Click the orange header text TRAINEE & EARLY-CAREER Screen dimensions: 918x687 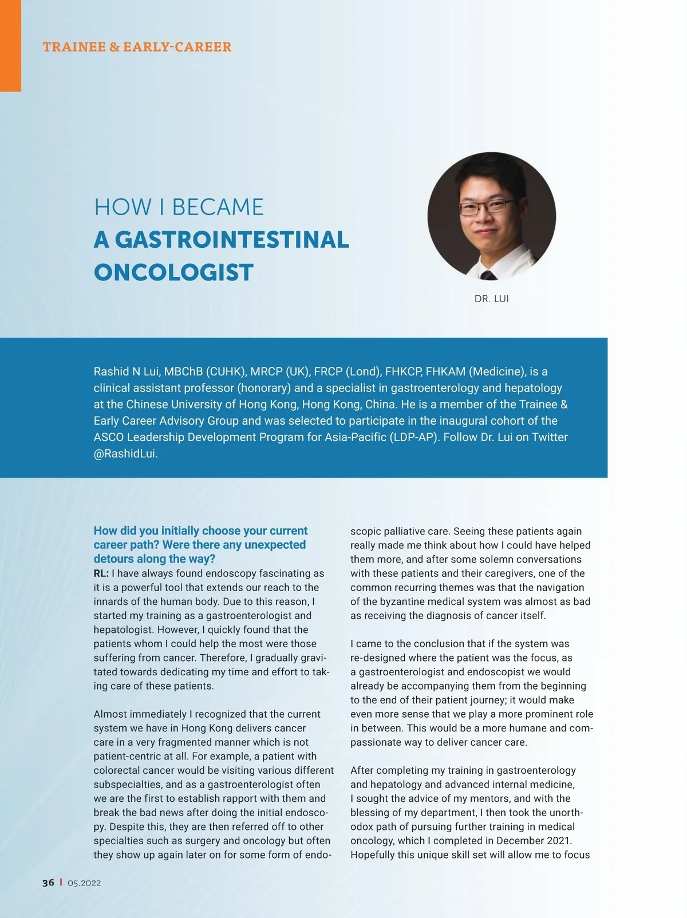tap(137, 47)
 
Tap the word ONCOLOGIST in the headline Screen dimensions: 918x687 tap(173, 272)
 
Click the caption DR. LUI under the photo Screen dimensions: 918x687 tap(491, 299)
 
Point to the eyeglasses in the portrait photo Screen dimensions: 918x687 tap(486, 207)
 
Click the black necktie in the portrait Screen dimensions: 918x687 tap(488, 276)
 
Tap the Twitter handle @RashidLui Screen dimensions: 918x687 tap(125, 454)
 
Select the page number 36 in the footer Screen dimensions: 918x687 tap(48, 883)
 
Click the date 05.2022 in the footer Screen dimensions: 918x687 tap(84, 883)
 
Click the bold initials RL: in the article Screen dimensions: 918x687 tap(101, 573)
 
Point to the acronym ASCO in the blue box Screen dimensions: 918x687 tap(109, 437)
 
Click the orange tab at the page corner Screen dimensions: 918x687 tap(10, 46)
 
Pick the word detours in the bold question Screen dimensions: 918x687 tap(114, 559)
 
